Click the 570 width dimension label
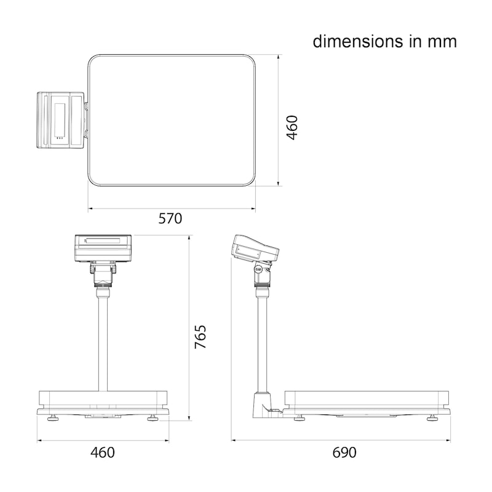coord(170,218)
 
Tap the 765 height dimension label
coord(200,337)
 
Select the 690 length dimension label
coord(344,453)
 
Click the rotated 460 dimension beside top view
coord(292,127)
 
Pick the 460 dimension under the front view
coord(103,453)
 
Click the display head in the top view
coord(60,120)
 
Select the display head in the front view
coord(103,248)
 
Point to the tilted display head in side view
coord(255,248)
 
